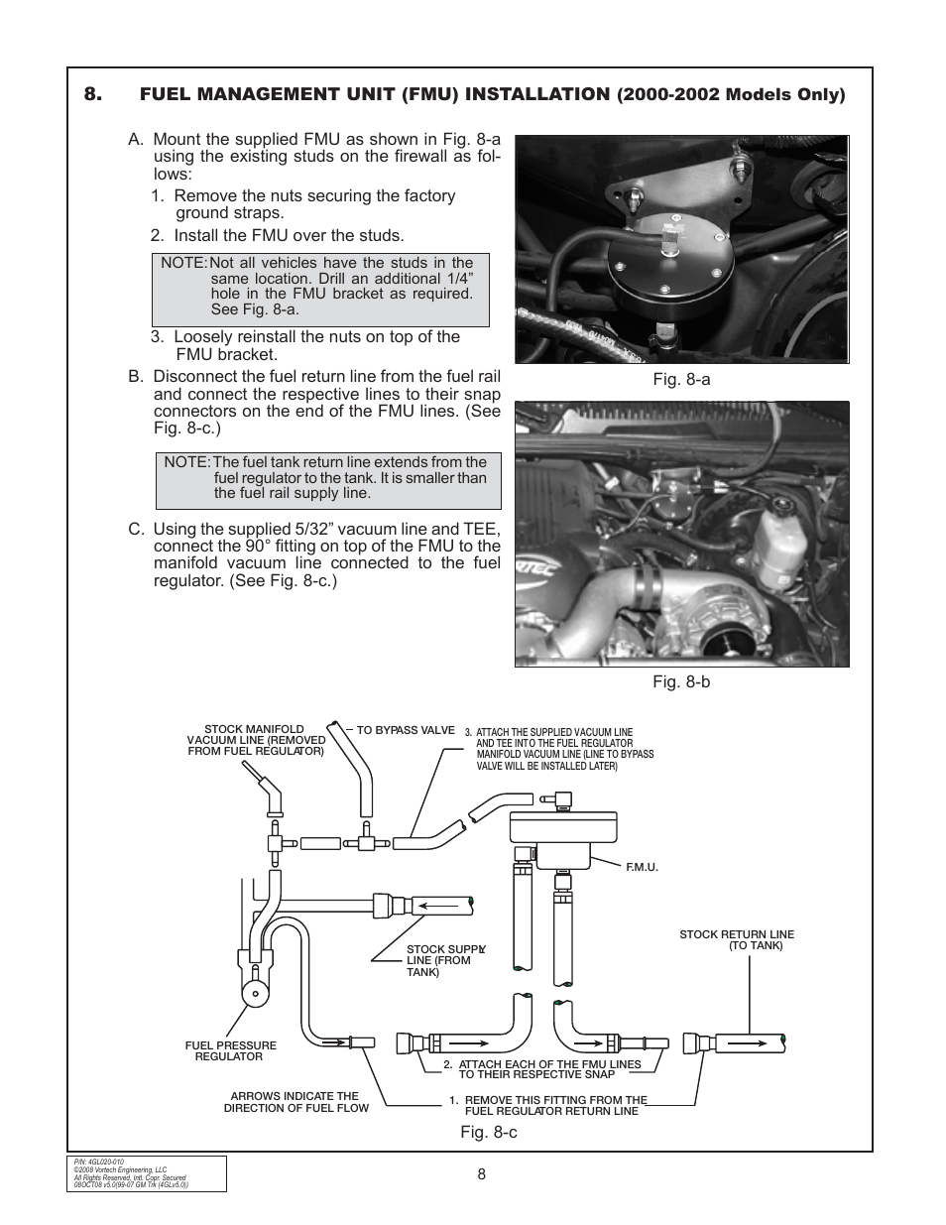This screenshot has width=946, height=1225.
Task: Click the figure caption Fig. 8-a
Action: point(681,380)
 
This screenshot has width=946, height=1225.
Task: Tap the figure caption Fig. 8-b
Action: point(681,682)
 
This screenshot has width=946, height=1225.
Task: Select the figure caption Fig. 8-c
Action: point(487,1131)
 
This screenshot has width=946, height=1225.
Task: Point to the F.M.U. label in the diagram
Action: point(643,867)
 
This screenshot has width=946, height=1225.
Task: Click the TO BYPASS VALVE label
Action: point(405,730)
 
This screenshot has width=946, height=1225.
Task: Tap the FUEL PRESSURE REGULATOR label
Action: point(230,1050)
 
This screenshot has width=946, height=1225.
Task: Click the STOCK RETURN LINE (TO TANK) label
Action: point(737,940)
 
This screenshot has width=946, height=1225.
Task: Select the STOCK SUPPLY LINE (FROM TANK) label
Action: point(443,960)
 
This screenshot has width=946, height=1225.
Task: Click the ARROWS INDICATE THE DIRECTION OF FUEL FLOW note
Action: point(296,1102)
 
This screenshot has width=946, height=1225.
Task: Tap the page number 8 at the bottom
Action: point(481,1174)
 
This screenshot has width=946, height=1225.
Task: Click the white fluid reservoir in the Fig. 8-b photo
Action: point(776,547)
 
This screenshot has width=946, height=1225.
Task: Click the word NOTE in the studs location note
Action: point(182,263)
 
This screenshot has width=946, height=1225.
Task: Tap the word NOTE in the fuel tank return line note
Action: point(185,462)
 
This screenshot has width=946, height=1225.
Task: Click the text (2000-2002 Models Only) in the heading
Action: point(731,95)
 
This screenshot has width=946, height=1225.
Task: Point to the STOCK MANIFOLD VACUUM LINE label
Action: point(256,740)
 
